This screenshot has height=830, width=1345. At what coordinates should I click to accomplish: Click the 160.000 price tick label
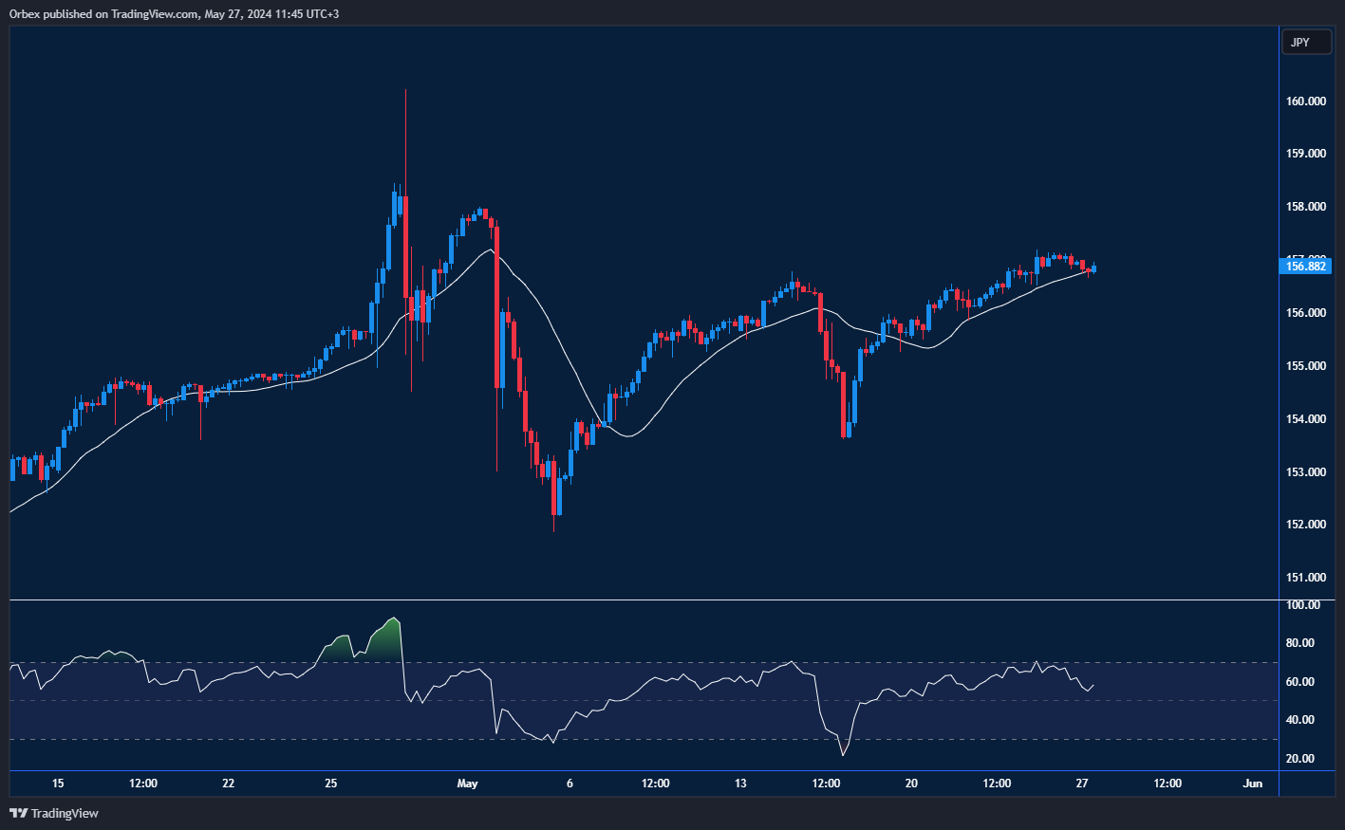pyautogui.click(x=1305, y=101)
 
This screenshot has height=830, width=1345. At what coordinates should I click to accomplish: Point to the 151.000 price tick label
pyautogui.click(x=1305, y=578)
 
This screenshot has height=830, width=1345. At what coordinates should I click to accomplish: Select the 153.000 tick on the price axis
pyautogui.click(x=1305, y=472)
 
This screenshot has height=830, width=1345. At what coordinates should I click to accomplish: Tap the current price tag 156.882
pyautogui.click(x=1305, y=267)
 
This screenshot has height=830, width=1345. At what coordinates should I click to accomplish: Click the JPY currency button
pyautogui.click(x=1300, y=42)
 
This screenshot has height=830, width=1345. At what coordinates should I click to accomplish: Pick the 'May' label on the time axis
pyautogui.click(x=467, y=784)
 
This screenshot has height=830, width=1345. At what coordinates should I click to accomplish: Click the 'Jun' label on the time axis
pyautogui.click(x=1253, y=784)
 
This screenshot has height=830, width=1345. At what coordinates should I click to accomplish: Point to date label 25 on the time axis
pyautogui.click(x=330, y=784)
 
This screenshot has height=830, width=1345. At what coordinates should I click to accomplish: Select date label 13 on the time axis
pyautogui.click(x=740, y=784)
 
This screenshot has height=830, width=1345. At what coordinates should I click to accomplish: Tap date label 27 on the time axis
pyautogui.click(x=1082, y=784)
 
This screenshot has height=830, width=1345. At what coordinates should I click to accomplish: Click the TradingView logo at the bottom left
pyautogui.click(x=54, y=813)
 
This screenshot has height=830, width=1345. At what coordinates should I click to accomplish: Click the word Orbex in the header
pyautogui.click(x=26, y=14)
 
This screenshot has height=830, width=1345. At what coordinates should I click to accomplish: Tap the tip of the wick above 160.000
pyautogui.click(x=405, y=90)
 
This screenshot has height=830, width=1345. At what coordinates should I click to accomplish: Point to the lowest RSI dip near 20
pyautogui.click(x=843, y=755)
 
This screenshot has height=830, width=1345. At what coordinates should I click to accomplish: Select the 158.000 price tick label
pyautogui.click(x=1305, y=207)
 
